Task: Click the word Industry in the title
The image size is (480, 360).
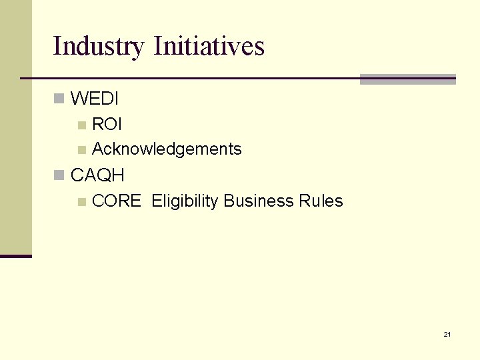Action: click(98, 47)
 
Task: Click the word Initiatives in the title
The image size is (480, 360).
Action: click(209, 46)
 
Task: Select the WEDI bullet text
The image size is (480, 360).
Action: click(95, 99)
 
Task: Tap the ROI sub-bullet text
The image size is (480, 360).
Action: click(107, 125)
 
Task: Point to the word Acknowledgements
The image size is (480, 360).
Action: click(167, 149)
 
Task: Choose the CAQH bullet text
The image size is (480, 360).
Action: click(97, 175)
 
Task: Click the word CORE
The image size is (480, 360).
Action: click(116, 201)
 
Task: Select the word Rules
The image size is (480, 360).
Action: click(321, 201)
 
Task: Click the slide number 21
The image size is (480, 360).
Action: click(447, 334)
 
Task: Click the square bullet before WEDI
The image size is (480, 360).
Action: click(59, 99)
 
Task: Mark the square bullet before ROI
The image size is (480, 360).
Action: click(81, 125)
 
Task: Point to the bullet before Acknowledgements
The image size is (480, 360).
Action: click(81, 149)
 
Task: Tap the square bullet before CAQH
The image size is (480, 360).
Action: click(59, 175)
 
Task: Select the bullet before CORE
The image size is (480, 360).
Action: click(81, 201)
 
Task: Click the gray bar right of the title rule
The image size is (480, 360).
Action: click(407, 79)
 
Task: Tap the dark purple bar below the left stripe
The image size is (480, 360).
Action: click(15, 256)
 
